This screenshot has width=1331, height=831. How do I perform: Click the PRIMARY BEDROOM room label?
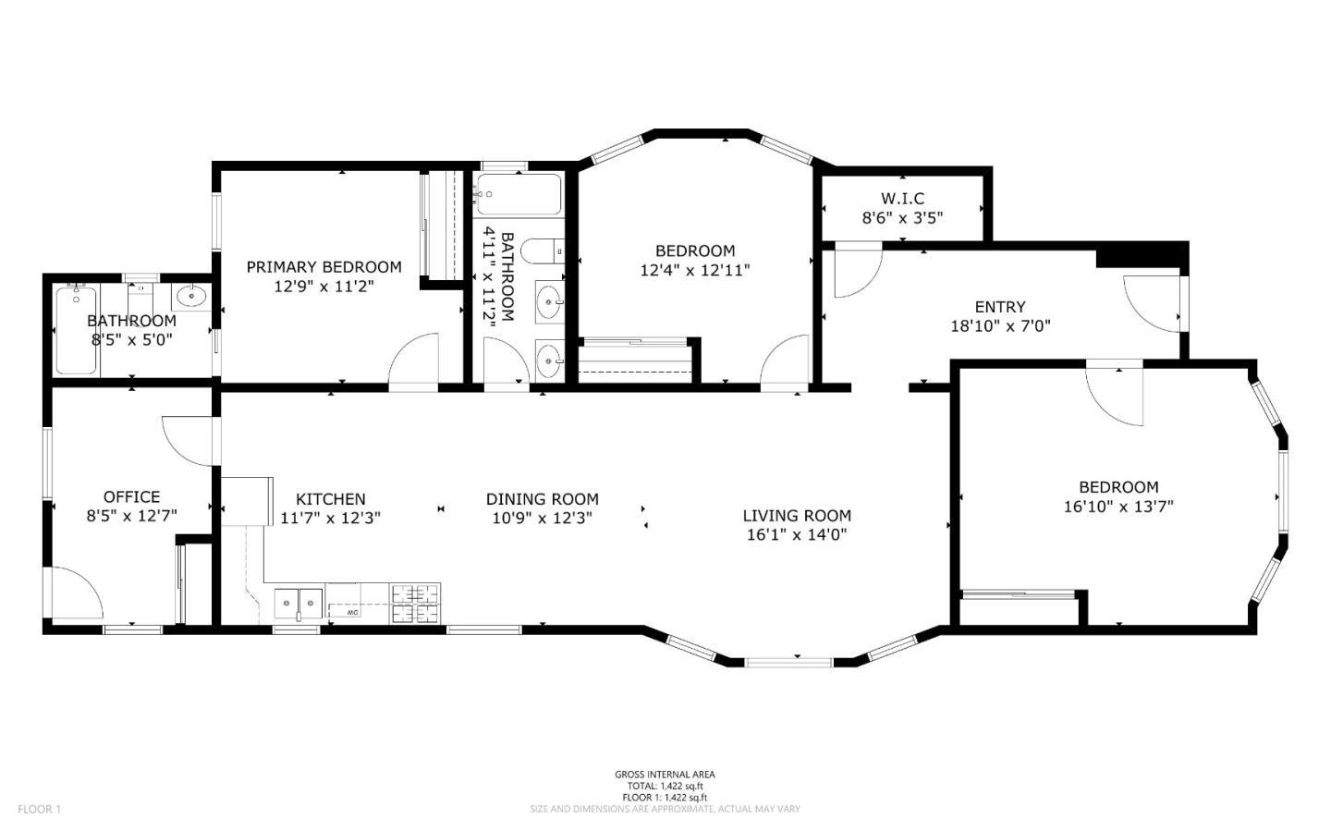[324, 267]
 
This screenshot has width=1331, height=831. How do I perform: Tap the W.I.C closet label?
[902, 199]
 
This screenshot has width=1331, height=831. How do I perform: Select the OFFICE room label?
[131, 497]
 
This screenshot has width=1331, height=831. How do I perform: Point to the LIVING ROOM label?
[797, 516]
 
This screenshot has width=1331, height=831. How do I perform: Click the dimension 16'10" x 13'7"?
[1118, 507]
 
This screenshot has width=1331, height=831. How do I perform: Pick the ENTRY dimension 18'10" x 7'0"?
[1000, 326]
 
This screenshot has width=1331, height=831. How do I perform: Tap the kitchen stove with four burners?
[415, 605]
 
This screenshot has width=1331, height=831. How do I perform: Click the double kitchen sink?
[299, 604]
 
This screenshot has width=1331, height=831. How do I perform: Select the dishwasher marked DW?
[353, 612]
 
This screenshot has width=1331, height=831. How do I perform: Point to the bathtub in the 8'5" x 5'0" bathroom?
[76, 331]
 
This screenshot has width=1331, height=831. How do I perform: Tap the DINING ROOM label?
[543, 499]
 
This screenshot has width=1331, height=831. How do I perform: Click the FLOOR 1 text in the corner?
[39, 810]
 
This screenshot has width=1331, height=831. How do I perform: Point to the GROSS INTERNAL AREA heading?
[665, 775]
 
